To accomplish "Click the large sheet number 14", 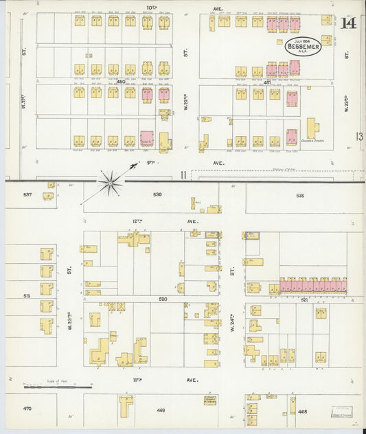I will (348, 23).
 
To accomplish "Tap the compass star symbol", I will (109, 182).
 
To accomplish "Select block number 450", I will (122, 82).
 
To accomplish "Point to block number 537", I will (27, 194).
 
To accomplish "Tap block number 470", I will (27, 409).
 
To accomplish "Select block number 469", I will (161, 410).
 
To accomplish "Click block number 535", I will (299, 195).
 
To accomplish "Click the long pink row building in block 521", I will (312, 284).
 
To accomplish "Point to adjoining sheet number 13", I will (359, 137).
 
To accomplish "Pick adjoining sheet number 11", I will (183, 174).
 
